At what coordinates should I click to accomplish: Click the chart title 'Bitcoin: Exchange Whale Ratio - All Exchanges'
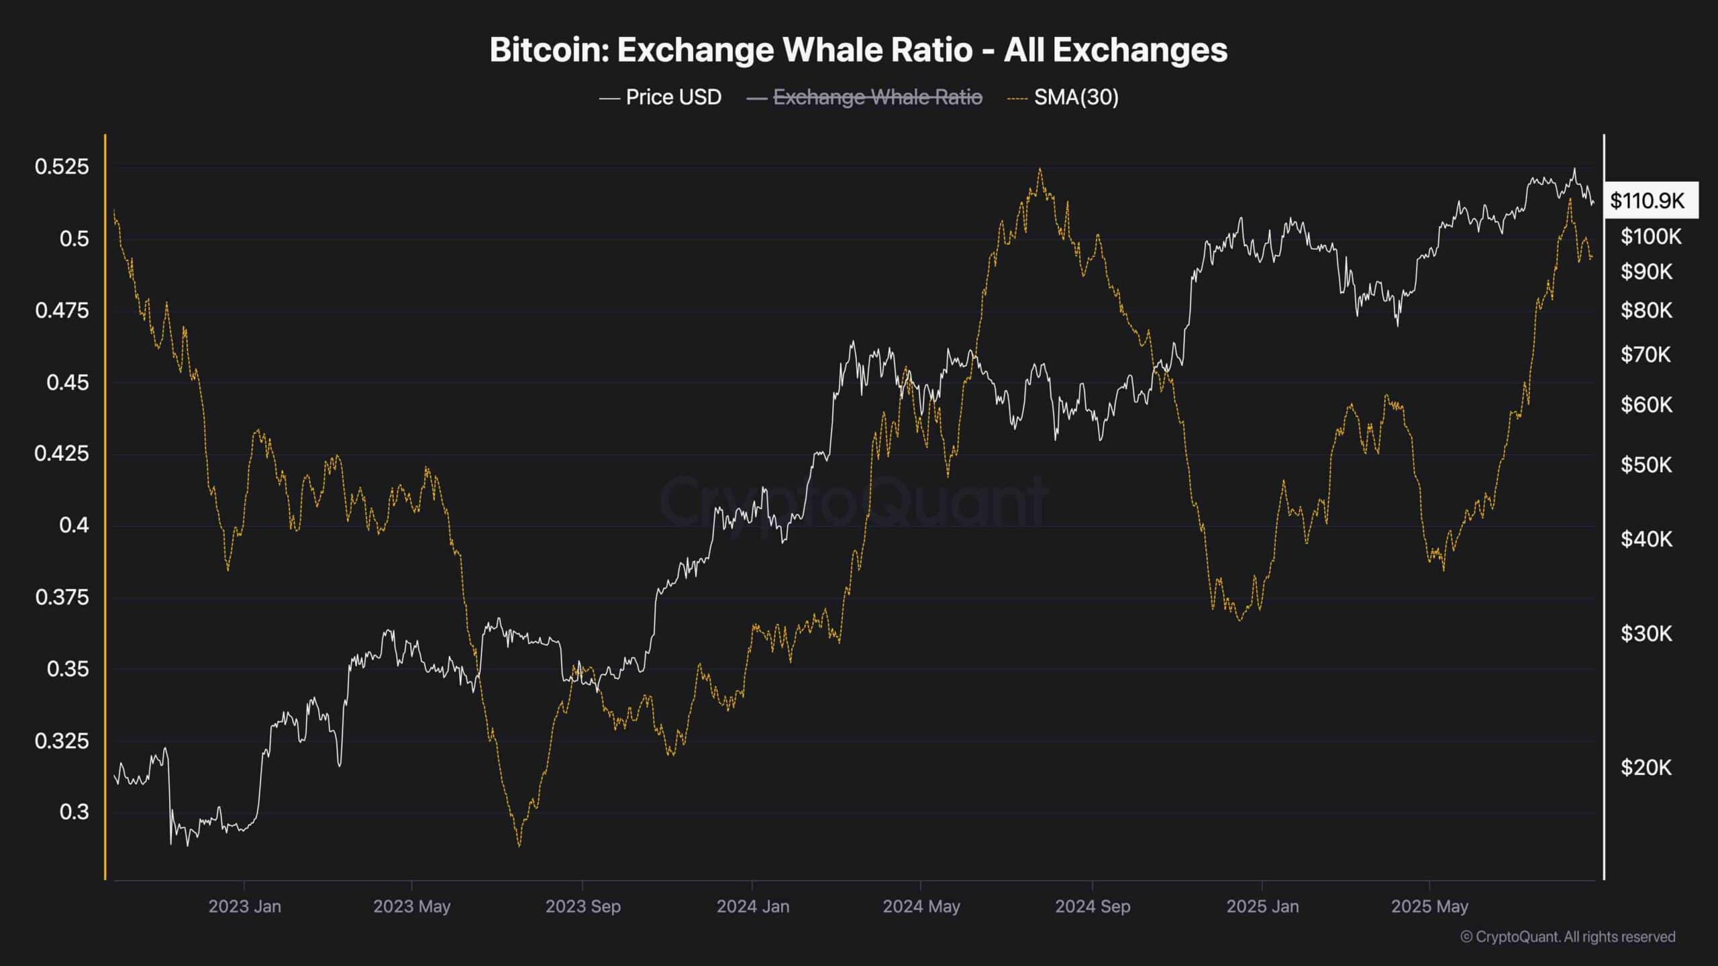(x=858, y=50)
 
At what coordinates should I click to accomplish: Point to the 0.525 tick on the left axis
(x=62, y=166)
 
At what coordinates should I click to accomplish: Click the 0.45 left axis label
(x=67, y=382)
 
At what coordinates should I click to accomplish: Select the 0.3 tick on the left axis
(x=74, y=812)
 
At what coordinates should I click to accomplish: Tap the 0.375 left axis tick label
(x=62, y=597)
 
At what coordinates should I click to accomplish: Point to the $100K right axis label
(x=1651, y=236)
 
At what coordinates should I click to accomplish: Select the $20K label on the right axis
(x=1646, y=767)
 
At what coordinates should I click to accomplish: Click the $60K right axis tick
(x=1646, y=405)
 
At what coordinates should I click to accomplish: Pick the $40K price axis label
(x=1646, y=539)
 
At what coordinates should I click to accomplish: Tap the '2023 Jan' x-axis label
(x=244, y=906)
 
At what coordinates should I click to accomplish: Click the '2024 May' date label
(x=921, y=906)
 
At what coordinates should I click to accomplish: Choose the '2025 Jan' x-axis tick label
(x=1262, y=906)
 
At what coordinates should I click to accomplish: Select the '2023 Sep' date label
(x=583, y=906)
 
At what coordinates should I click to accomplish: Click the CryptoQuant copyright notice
(x=1568, y=936)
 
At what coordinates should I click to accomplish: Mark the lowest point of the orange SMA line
(x=519, y=846)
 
